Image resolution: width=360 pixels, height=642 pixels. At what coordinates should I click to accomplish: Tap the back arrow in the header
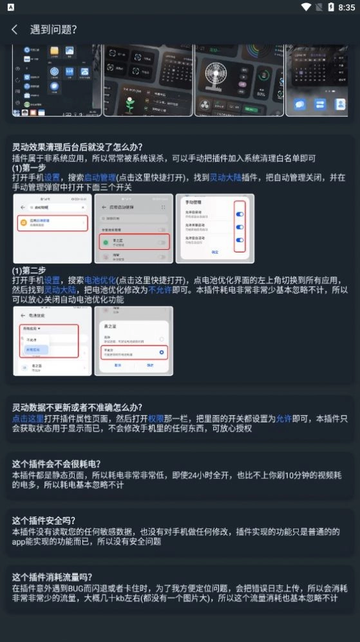(14, 30)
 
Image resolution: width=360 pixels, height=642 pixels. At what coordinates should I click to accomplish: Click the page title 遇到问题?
(53, 30)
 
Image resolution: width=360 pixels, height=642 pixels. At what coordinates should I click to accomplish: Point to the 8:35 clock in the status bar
(346, 7)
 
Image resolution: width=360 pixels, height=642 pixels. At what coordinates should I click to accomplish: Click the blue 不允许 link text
(160, 290)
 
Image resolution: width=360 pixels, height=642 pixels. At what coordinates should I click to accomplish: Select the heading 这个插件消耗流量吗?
(52, 577)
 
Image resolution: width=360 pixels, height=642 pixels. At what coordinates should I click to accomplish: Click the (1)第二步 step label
(29, 270)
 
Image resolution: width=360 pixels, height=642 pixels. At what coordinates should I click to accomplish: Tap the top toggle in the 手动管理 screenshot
(240, 213)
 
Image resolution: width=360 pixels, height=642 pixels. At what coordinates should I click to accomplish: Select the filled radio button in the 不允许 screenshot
(161, 353)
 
